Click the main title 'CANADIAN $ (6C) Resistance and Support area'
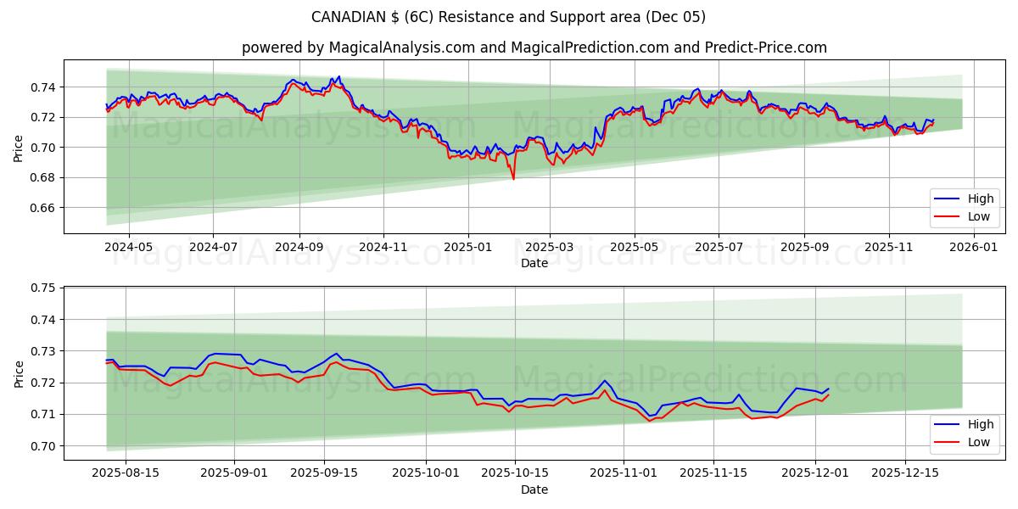pyautogui.click(x=508, y=17)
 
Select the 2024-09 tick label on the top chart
pyautogui.click(x=299, y=247)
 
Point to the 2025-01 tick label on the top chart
pyautogui.click(x=468, y=247)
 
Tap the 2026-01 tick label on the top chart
pyautogui.click(x=973, y=247)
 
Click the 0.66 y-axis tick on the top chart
pyautogui.click(x=42, y=208)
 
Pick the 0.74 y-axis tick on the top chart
pyautogui.click(x=42, y=87)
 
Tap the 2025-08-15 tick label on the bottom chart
pyautogui.click(x=126, y=473)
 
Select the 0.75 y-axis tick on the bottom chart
pyautogui.click(x=42, y=288)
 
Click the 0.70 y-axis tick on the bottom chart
pyautogui.click(x=42, y=446)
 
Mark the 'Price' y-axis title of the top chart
pyautogui.click(x=19, y=148)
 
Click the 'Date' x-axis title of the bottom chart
pyautogui.click(x=534, y=489)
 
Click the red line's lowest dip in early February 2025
pyautogui.click(x=513, y=178)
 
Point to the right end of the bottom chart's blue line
pyautogui.click(x=828, y=389)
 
